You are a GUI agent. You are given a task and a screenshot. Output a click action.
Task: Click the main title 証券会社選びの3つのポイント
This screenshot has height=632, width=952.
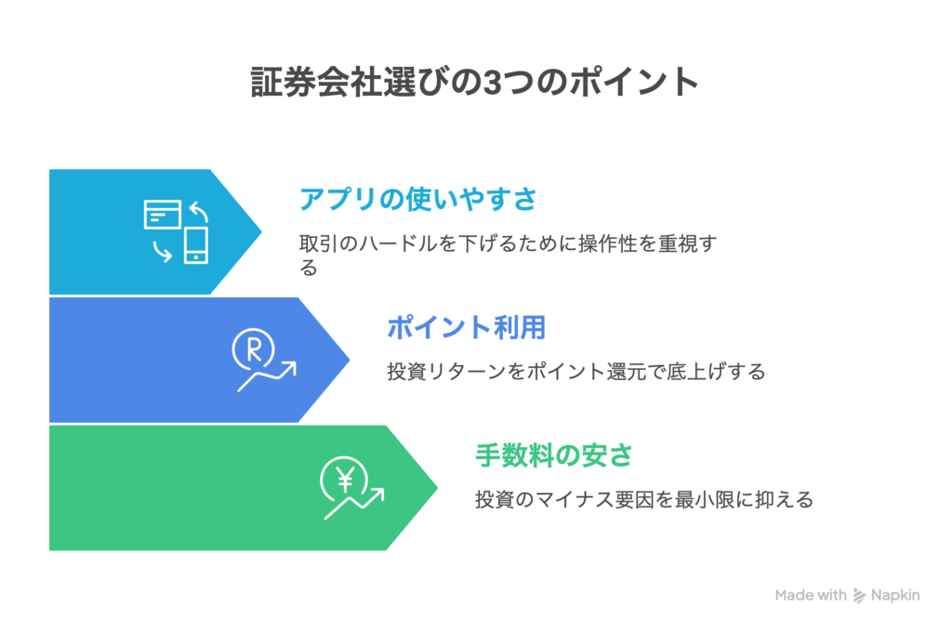(475, 83)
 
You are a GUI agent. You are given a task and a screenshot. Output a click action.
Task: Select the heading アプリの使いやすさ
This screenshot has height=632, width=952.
(418, 199)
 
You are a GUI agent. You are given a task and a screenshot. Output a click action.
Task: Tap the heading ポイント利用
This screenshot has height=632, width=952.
(465, 327)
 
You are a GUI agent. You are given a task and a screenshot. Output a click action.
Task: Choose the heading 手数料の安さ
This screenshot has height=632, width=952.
(554, 455)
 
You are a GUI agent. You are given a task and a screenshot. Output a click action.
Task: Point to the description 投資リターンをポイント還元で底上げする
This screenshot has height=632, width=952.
(575, 372)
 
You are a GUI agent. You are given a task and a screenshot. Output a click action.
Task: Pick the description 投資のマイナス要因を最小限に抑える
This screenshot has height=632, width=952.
(644, 500)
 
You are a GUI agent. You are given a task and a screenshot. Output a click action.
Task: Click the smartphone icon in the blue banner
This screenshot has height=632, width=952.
(195, 244)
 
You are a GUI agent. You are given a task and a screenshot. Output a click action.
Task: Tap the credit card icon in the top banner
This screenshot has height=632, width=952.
(163, 215)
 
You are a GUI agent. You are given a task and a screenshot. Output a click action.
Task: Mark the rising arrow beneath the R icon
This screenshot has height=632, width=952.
(270, 375)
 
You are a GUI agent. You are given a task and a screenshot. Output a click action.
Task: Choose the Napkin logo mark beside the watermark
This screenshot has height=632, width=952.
(861, 596)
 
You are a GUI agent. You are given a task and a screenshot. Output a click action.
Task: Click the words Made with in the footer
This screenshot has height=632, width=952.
(810, 595)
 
